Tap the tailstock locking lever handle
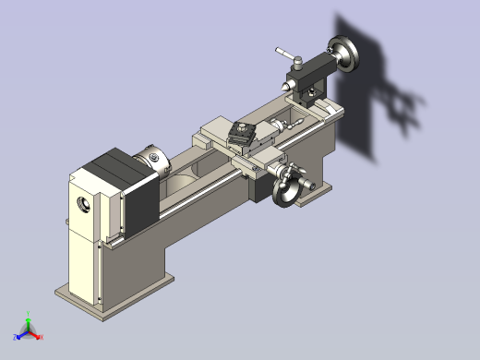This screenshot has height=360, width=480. click(x=286, y=54)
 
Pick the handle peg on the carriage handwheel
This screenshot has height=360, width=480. click(x=297, y=170)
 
